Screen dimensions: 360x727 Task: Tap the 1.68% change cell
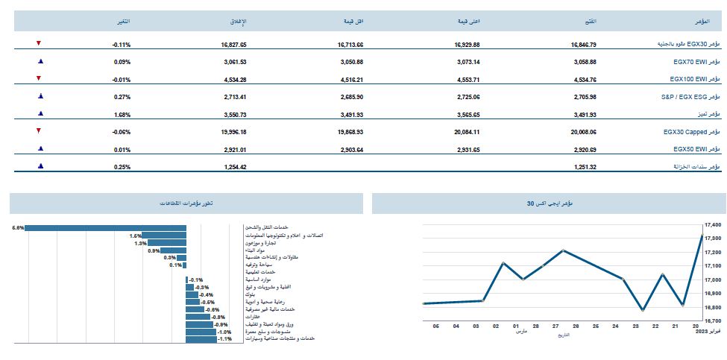point(122,115)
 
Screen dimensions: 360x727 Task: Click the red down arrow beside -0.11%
point(39,44)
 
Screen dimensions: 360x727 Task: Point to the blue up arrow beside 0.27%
point(39,96)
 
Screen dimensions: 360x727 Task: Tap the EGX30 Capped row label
point(690,132)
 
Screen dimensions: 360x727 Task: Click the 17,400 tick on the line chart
point(714,224)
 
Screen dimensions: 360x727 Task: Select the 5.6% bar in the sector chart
point(105,227)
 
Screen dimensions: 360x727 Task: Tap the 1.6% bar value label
point(135,236)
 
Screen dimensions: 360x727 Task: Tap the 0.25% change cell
point(122,167)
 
